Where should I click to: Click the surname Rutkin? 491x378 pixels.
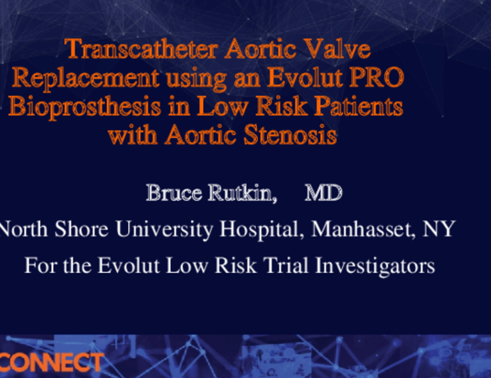coord(242,193)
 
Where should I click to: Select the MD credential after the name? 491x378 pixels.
coord(323,193)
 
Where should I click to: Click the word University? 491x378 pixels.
coord(163,229)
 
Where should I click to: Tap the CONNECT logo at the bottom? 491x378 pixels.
coord(51,363)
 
